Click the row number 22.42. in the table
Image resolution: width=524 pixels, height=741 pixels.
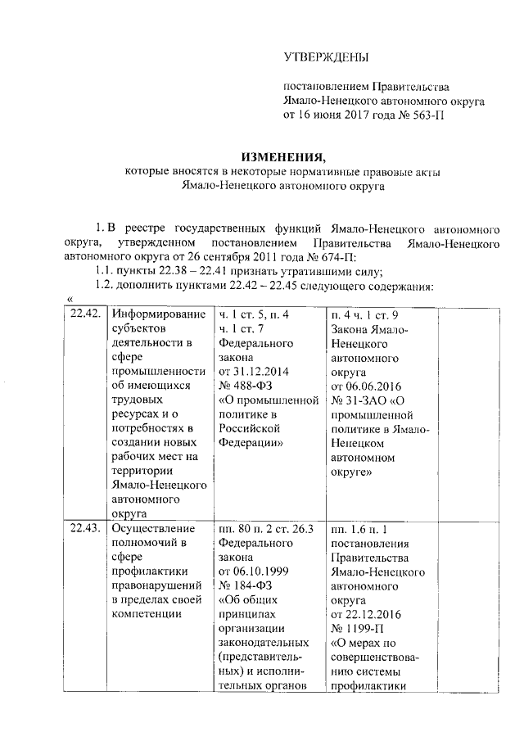[84, 314]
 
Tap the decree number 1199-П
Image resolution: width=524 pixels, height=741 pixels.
[358, 627]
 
